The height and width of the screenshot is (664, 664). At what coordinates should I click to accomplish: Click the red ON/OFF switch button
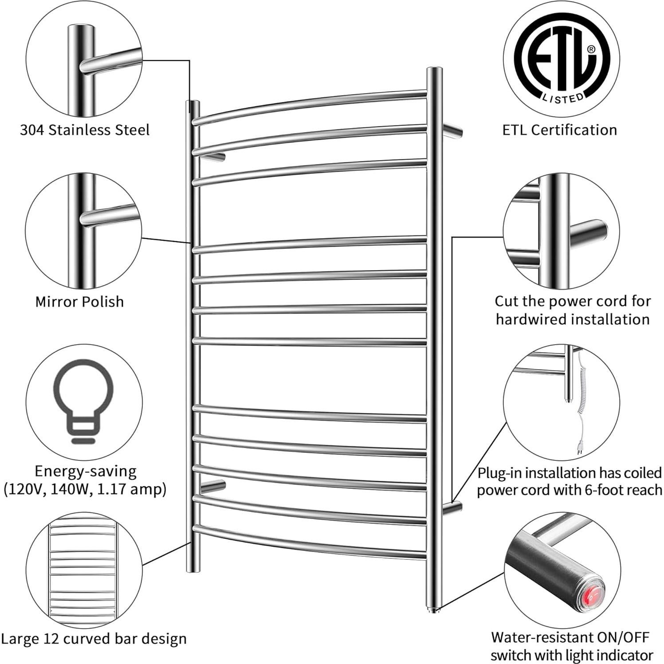[x=589, y=598]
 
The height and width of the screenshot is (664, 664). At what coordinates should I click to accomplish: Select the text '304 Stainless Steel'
[x=85, y=130]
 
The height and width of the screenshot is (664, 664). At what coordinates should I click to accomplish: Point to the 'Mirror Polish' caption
[x=79, y=302]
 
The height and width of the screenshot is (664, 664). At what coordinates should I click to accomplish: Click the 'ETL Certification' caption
[x=559, y=130]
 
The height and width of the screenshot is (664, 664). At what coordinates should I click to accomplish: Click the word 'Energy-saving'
[x=86, y=471]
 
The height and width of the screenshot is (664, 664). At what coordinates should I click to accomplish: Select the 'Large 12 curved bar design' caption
[x=93, y=639]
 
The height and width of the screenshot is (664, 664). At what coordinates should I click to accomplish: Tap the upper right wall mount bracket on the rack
[x=452, y=131]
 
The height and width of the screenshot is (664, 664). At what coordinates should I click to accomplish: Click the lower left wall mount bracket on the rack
[x=213, y=485]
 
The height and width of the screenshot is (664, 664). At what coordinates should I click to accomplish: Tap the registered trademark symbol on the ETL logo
[x=591, y=49]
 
